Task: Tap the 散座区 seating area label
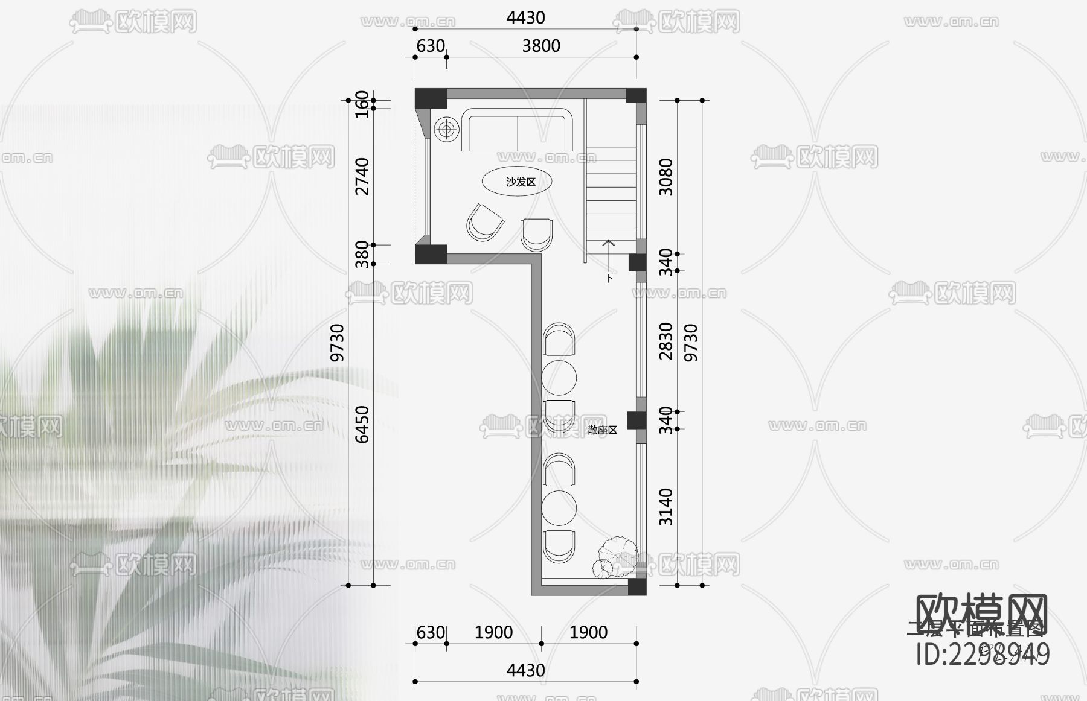(602, 430)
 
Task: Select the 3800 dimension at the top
(541, 46)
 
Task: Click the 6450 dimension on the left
(362, 424)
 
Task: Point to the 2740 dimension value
(362, 176)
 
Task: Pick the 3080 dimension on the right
(665, 177)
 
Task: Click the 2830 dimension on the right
(665, 341)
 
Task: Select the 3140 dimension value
(665, 507)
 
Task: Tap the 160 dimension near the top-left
(362, 104)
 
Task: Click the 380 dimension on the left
(362, 254)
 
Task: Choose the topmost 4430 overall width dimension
(525, 17)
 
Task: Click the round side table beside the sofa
(446, 129)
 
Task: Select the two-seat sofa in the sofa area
(516, 130)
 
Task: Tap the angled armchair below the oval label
(484, 222)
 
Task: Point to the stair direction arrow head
(608, 243)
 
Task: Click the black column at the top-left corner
(430, 98)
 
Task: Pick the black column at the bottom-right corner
(636, 587)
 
